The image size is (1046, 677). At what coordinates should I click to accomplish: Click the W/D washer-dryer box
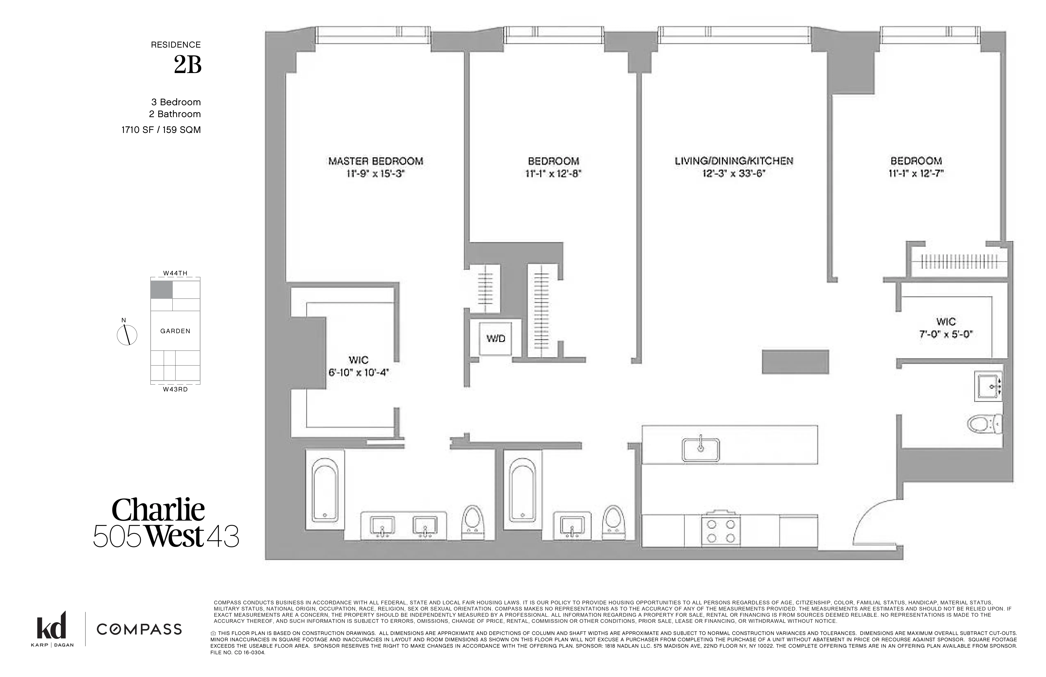click(495, 338)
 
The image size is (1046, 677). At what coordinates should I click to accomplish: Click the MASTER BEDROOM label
click(376, 161)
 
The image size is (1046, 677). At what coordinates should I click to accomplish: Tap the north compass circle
click(127, 335)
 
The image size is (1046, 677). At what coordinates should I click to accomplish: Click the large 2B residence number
click(188, 65)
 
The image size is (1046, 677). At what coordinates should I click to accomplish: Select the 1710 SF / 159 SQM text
click(161, 130)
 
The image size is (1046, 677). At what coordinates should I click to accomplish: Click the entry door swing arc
click(875, 519)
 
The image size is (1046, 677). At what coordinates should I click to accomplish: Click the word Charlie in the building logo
click(158, 510)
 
